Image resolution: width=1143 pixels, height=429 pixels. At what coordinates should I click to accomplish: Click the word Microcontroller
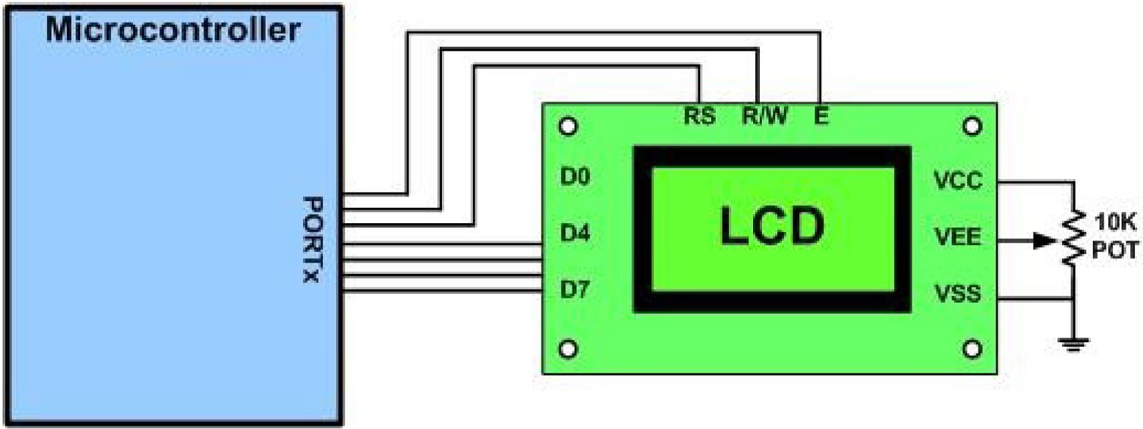click(173, 31)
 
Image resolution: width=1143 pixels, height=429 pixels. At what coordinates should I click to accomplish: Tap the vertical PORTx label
click(312, 239)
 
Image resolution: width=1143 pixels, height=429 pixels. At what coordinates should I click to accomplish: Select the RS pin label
click(699, 116)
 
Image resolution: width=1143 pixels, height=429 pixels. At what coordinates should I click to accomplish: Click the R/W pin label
click(764, 116)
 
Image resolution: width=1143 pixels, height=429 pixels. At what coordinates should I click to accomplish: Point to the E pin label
click(821, 116)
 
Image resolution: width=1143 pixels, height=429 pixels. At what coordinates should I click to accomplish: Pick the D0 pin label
click(575, 177)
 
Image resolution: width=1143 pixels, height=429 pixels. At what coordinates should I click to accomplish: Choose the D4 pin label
click(575, 233)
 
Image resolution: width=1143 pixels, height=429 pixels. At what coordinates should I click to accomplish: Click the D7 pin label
click(575, 289)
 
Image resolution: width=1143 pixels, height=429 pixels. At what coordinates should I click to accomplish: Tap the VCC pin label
click(957, 180)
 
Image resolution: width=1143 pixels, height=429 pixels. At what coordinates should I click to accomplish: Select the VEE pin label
click(957, 237)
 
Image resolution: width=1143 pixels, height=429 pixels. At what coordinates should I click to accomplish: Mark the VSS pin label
click(957, 293)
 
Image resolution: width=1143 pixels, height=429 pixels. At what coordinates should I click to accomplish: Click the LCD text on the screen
click(772, 227)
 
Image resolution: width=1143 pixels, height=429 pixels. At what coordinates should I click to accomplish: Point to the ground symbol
click(1073, 345)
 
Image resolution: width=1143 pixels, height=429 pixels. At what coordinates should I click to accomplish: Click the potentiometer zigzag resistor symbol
click(1074, 239)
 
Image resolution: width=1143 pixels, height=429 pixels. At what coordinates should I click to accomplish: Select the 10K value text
click(1115, 221)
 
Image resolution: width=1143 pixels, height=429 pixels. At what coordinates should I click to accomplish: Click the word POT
click(1115, 251)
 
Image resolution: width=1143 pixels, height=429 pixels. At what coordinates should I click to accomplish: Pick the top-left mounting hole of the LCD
click(568, 126)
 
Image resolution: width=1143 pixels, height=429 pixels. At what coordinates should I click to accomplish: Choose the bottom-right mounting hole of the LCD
click(973, 349)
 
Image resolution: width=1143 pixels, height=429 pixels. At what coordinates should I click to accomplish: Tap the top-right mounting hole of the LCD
click(973, 126)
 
